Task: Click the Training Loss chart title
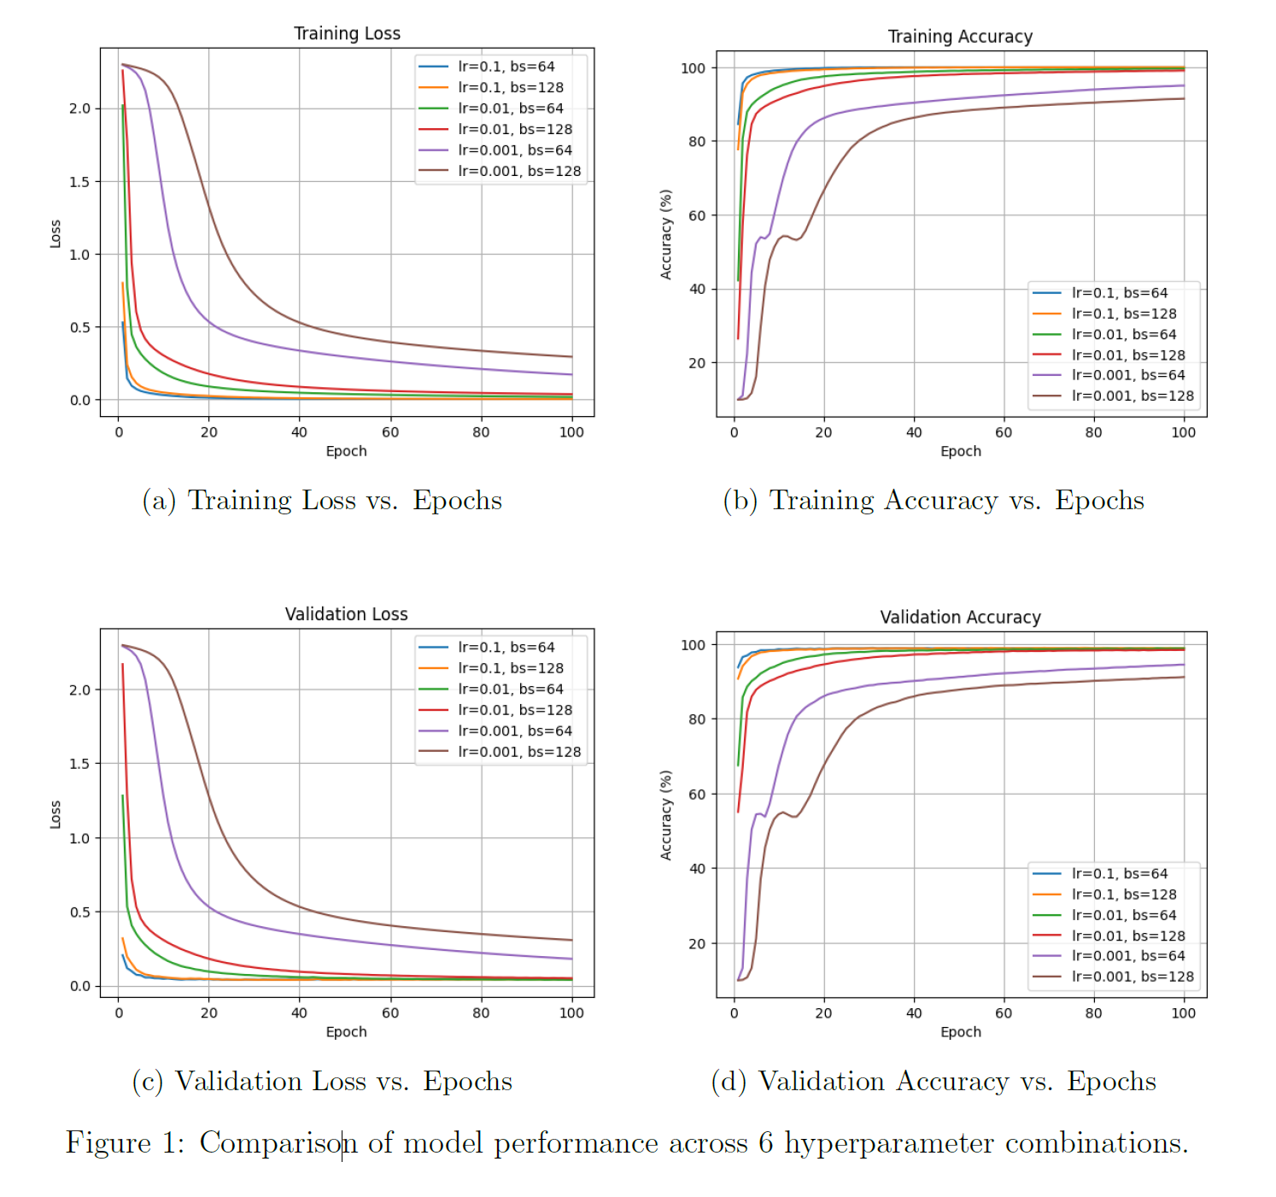(x=347, y=33)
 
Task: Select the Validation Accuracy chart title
(x=960, y=617)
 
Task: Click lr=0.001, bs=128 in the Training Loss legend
(x=518, y=171)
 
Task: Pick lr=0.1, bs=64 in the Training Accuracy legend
(x=1119, y=293)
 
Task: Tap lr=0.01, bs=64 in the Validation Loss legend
(x=510, y=689)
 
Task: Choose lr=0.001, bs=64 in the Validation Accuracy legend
(x=1127, y=956)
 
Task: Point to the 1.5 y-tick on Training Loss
(x=79, y=182)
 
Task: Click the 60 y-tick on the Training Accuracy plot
(x=697, y=215)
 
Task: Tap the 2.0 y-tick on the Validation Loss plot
(x=79, y=689)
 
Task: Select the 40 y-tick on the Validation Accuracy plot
(x=697, y=869)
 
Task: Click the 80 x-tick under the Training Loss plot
(x=481, y=432)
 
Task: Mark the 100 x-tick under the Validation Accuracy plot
(x=1183, y=1013)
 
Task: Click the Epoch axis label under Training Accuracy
(x=960, y=451)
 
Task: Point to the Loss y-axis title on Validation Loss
(x=56, y=814)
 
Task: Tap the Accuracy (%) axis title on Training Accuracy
(x=666, y=234)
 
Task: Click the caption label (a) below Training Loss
(x=159, y=501)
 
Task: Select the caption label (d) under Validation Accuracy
(x=729, y=1082)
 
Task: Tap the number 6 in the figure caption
(x=765, y=1143)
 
